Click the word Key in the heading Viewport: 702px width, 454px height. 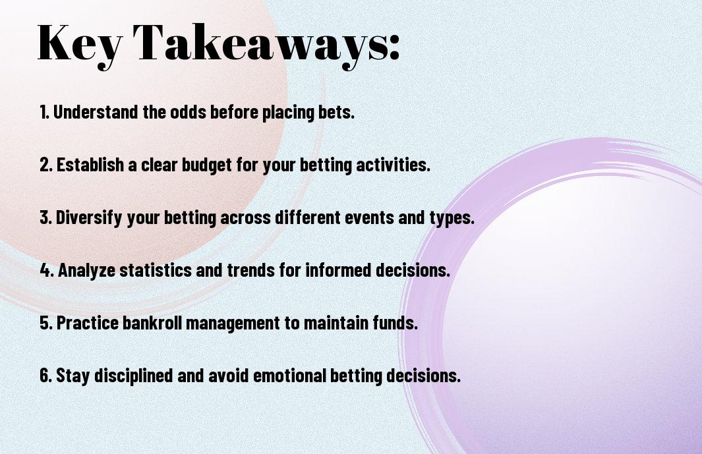pyautogui.click(x=80, y=45)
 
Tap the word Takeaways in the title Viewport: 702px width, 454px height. pyautogui.click(x=259, y=45)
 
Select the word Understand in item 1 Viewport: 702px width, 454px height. pyautogui.click(x=96, y=111)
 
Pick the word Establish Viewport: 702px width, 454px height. pyautogui.click(x=90, y=164)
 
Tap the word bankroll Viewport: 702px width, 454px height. pyautogui.click(x=152, y=322)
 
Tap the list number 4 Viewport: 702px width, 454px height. pyautogui.click(x=46, y=270)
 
